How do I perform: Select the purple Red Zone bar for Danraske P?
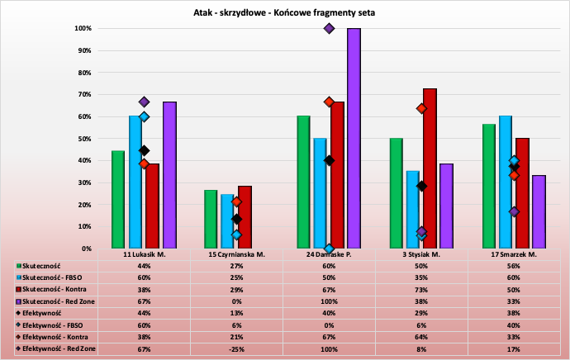tap(354, 138)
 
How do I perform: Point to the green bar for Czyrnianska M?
tap(211, 219)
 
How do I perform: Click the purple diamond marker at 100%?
tap(329, 28)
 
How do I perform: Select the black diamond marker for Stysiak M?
tap(421, 186)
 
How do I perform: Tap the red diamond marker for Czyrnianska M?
tap(236, 202)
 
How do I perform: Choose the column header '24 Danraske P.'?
tap(329, 254)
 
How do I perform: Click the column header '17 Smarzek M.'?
tap(515, 254)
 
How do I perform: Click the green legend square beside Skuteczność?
tap(18, 268)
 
